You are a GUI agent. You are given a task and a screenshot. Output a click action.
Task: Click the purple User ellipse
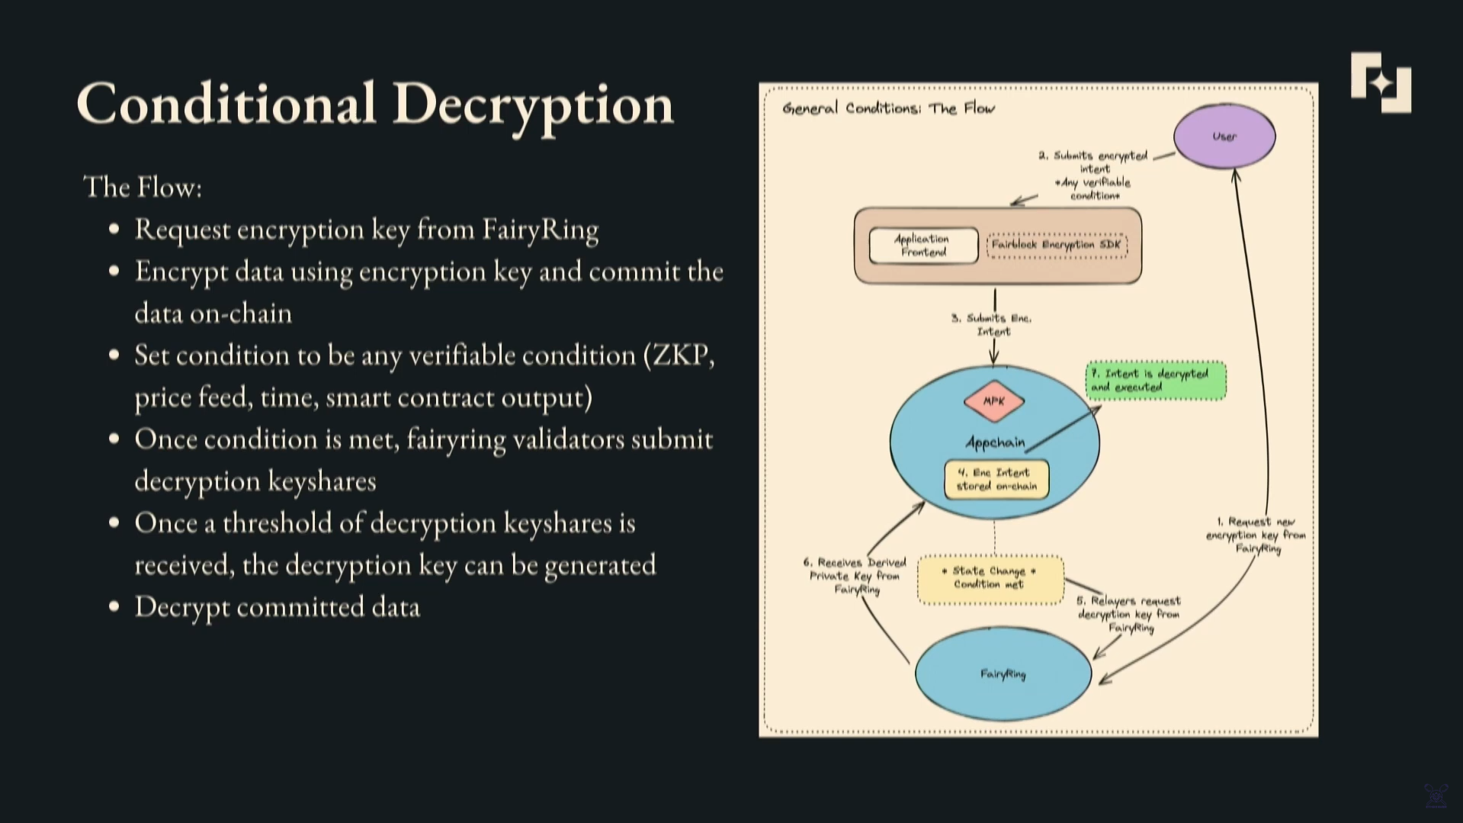click(x=1224, y=137)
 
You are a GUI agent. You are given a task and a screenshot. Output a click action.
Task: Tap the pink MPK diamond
click(x=993, y=401)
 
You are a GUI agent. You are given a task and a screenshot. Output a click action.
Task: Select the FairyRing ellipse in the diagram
click(x=1003, y=674)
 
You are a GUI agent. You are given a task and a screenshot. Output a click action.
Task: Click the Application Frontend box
click(x=923, y=246)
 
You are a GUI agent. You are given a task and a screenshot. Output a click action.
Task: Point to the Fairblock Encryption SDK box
click(x=1057, y=245)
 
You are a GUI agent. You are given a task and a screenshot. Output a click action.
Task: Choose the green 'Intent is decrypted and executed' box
click(x=1155, y=381)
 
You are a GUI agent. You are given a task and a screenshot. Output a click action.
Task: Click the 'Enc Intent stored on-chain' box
click(x=996, y=480)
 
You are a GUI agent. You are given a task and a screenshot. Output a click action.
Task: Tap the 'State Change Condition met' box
click(x=990, y=578)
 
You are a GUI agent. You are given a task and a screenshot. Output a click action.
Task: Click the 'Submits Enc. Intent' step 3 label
click(x=992, y=325)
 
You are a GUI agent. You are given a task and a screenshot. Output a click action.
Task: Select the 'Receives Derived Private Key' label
click(x=855, y=576)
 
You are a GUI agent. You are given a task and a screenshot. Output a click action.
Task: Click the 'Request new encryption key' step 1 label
click(x=1256, y=535)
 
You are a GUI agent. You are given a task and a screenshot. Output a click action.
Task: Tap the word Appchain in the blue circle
click(x=994, y=442)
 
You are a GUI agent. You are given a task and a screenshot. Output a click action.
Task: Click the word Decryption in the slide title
click(x=533, y=104)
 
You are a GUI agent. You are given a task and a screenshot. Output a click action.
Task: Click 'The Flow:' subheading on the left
click(x=143, y=188)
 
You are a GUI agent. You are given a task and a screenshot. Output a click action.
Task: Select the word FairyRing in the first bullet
click(x=540, y=230)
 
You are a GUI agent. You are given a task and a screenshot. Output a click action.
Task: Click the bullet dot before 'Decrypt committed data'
click(x=114, y=607)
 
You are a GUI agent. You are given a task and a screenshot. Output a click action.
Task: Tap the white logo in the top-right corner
click(x=1380, y=82)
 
